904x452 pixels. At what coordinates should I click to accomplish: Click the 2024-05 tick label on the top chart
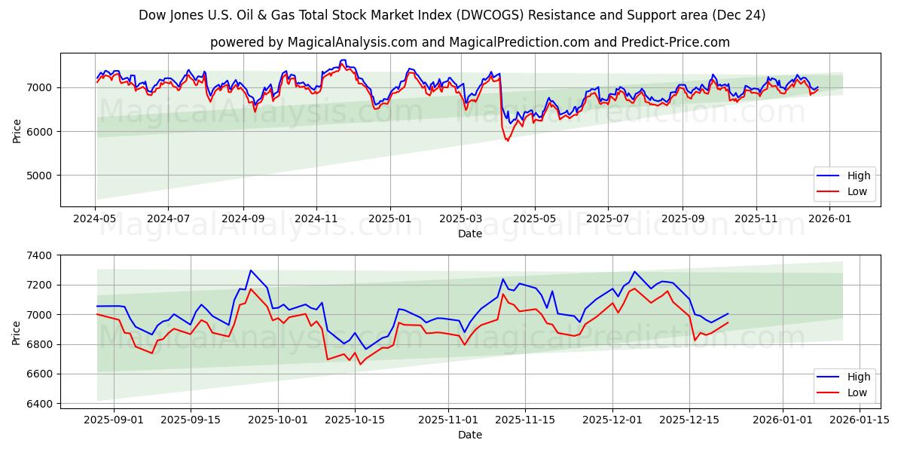[x=95, y=218]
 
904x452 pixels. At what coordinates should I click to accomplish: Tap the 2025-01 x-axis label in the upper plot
[x=390, y=218]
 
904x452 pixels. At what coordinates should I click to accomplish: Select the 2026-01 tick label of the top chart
[x=829, y=218]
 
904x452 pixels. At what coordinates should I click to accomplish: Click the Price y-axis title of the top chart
[x=17, y=130]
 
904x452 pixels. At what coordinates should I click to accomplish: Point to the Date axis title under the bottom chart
[x=470, y=435]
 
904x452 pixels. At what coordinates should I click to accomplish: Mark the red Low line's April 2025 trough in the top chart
[x=507, y=141]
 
